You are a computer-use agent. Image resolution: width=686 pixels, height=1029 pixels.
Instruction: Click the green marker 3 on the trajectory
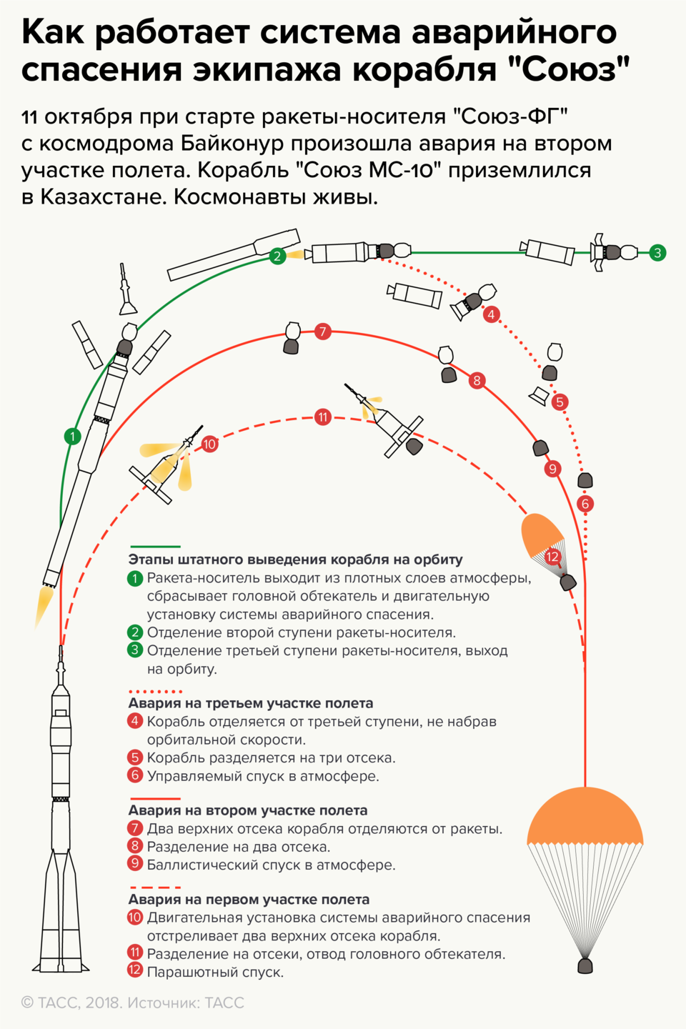657,252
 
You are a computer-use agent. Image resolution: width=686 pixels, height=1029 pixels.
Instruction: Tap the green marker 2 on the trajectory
277,256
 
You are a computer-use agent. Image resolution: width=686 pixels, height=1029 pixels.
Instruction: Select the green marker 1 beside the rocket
72,436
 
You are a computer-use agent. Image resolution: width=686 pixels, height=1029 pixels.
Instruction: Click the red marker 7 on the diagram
323,331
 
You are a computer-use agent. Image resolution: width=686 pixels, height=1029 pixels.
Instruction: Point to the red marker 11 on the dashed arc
323,417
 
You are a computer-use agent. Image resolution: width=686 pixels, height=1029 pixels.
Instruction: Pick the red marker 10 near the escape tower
209,444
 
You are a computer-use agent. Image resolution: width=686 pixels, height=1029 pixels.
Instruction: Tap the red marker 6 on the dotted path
586,504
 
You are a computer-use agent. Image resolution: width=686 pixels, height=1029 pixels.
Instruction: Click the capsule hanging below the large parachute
585,966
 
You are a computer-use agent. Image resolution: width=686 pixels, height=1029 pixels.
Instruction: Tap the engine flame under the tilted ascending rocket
45,605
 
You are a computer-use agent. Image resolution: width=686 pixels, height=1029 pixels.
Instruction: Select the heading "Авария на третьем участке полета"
251,703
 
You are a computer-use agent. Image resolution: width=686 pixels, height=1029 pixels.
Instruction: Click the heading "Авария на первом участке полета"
249,900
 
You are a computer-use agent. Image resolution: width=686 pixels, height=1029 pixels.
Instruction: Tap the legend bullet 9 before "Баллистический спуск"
135,864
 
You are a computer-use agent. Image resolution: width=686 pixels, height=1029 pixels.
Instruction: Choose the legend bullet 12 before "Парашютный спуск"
135,970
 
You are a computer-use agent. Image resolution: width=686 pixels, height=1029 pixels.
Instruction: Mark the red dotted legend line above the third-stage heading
155,692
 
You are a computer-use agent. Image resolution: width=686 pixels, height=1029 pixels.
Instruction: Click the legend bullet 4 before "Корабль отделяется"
135,721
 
